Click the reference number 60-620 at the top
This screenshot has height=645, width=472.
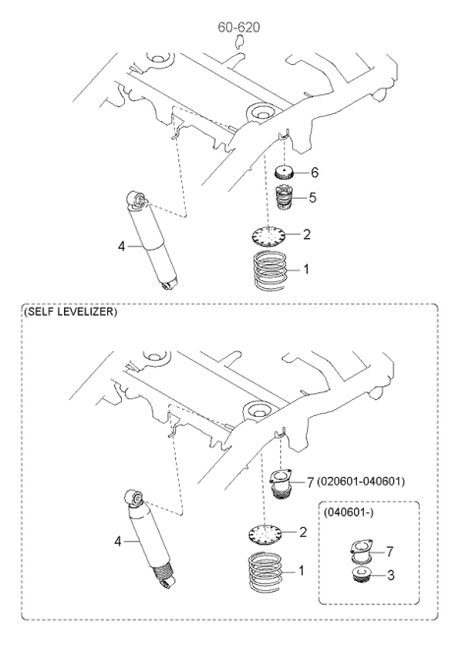point(239,28)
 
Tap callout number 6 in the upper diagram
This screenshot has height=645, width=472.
point(315,172)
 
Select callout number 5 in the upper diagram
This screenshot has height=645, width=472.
point(313,198)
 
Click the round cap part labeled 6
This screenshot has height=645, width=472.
point(284,171)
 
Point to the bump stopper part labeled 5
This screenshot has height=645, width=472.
point(283,198)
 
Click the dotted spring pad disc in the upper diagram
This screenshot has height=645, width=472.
point(268,236)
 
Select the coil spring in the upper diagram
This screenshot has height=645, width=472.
point(269,269)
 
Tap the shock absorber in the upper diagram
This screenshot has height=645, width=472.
point(151,240)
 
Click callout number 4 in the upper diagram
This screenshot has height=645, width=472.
point(121,247)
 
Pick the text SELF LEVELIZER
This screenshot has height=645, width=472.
point(70,312)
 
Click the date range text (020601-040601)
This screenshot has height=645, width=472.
point(361,481)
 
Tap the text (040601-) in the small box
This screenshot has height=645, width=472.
point(348,513)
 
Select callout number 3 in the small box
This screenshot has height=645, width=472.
point(390,574)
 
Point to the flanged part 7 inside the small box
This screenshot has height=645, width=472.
point(361,552)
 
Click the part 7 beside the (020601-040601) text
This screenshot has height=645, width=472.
point(281,484)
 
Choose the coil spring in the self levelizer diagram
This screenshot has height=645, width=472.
point(265,572)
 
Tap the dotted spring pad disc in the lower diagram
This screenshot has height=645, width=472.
point(265,533)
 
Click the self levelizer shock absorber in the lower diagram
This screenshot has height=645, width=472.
point(150,538)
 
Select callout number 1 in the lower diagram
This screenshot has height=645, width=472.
point(301,570)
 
